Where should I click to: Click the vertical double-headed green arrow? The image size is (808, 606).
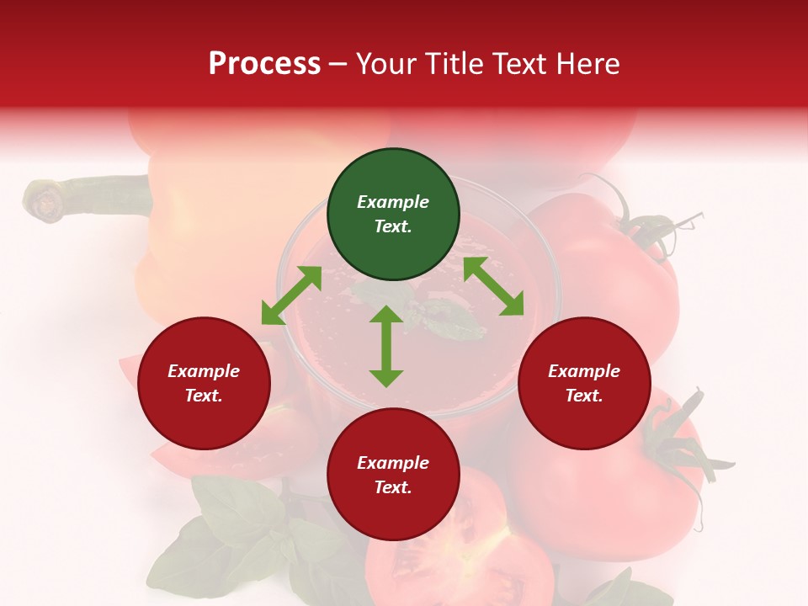pyautogui.click(x=386, y=346)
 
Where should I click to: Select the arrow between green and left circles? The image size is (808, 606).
pyautogui.click(x=291, y=295)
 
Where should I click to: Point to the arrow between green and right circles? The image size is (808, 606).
pyautogui.click(x=493, y=286)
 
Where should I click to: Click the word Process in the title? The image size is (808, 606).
pyautogui.click(x=264, y=63)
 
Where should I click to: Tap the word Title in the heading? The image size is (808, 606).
pyautogui.click(x=454, y=63)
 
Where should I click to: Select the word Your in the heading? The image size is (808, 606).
pyautogui.click(x=388, y=63)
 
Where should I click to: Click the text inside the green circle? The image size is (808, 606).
pyautogui.click(x=393, y=214)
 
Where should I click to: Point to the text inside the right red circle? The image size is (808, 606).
pyautogui.click(x=584, y=383)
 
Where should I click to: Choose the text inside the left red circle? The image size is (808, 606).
pyautogui.click(x=204, y=383)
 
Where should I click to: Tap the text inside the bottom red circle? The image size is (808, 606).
pyautogui.click(x=393, y=475)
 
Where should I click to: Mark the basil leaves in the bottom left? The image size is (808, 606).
pyautogui.click(x=227, y=539)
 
